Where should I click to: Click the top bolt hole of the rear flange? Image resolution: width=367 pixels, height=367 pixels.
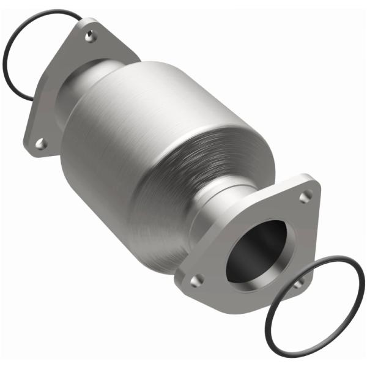91,36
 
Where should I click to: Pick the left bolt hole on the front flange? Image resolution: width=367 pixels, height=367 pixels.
196,280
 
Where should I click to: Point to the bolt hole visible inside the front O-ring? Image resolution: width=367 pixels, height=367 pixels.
298,283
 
